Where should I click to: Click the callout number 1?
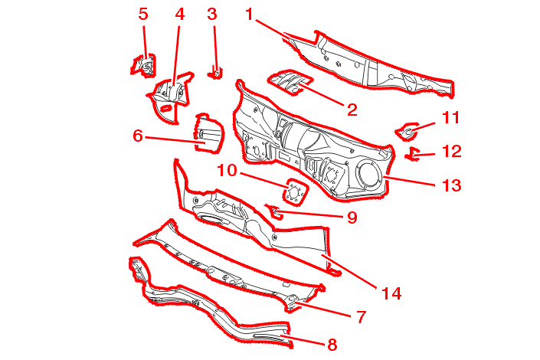tap(249, 14)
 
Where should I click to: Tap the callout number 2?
tap(352, 110)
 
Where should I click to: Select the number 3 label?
tap(212, 14)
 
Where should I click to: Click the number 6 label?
tap(138, 136)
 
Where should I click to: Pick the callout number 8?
tap(332, 345)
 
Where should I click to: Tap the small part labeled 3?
tap(217, 73)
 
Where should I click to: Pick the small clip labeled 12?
tap(414, 155)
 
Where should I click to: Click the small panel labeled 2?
tap(290, 80)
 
